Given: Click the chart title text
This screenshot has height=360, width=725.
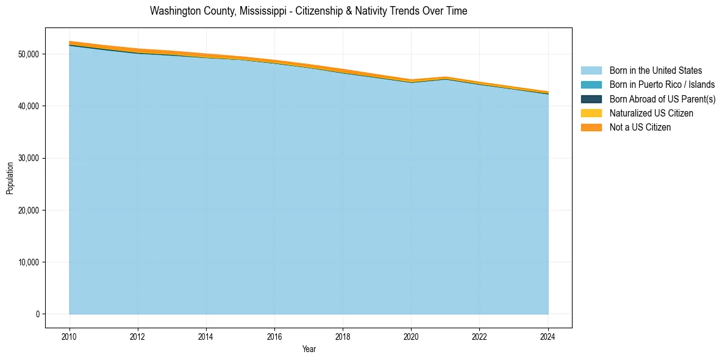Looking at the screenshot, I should click(x=309, y=11).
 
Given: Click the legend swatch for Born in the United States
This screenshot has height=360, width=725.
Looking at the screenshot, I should click(x=591, y=71).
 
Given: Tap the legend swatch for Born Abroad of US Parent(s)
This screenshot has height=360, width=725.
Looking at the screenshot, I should click(x=591, y=99).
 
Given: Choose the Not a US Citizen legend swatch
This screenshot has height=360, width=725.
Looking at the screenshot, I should click(x=591, y=127).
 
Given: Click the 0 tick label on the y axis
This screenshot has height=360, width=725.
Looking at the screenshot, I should click(x=38, y=314).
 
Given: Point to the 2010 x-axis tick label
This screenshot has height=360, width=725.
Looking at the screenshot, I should click(x=70, y=336).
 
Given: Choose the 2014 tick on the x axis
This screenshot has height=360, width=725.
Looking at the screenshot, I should click(x=206, y=336).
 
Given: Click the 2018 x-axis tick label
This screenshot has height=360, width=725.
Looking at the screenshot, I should click(x=343, y=336).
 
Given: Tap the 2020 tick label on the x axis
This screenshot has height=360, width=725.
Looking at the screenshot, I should click(x=412, y=336).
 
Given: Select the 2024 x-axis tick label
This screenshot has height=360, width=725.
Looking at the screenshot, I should click(x=548, y=336).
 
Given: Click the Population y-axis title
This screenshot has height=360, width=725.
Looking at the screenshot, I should click(x=10, y=178).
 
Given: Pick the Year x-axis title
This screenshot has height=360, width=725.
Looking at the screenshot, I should click(x=309, y=349).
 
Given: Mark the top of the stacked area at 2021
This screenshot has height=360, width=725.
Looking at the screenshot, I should click(x=446, y=77).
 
